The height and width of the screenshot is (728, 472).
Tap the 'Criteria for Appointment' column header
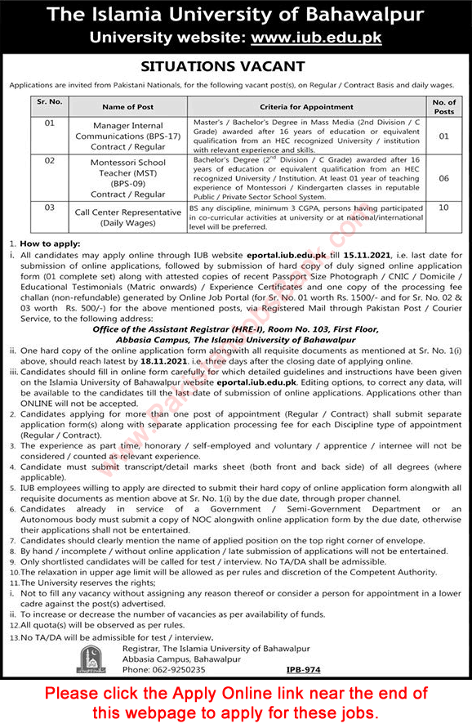tap(313, 106)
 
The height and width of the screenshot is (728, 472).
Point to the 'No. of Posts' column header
tap(444, 106)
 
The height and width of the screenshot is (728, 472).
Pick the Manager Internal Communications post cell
tap(128, 135)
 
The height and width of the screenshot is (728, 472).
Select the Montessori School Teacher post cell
tap(128, 179)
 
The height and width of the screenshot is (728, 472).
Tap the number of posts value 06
tap(444, 175)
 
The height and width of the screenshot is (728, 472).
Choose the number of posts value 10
tap(444, 208)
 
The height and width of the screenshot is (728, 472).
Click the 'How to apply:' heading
tap(46, 243)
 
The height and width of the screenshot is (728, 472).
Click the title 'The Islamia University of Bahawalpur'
tap(235, 16)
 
